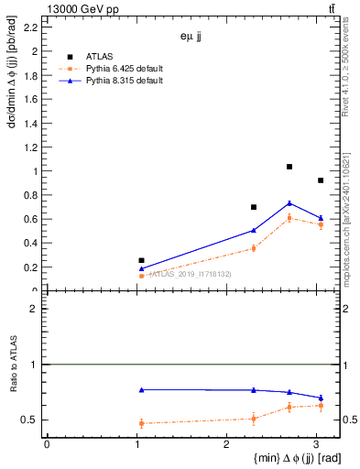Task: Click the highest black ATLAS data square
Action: point(289,167)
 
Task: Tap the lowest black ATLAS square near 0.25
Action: point(141,260)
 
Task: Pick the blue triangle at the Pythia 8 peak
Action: point(289,203)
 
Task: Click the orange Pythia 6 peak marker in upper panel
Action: point(289,218)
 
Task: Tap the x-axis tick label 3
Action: point(316,444)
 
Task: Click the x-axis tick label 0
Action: point(47,444)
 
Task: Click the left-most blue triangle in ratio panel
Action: point(141,390)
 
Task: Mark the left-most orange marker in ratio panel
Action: point(141,423)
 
